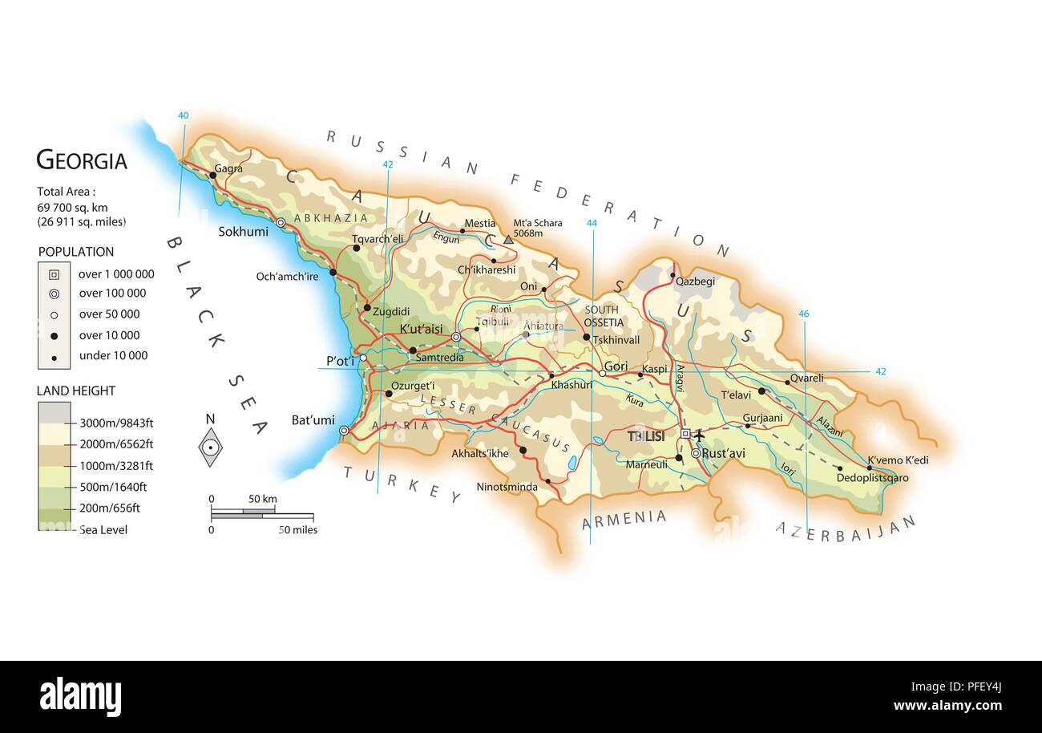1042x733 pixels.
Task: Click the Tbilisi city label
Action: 646,437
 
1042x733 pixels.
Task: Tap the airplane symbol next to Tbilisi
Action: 699,435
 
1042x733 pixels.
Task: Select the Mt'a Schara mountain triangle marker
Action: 508,239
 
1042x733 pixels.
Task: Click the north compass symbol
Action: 210,446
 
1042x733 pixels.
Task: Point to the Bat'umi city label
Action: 313,420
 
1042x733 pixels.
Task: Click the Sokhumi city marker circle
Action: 281,223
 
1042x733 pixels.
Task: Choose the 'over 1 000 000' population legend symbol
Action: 54,273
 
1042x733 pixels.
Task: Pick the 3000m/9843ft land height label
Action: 115,423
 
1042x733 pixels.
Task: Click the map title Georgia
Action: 82,161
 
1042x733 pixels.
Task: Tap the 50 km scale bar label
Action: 262,499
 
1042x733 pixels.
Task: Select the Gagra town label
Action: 228,168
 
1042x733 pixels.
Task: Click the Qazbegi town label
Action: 694,281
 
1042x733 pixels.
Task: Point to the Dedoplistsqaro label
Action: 872,478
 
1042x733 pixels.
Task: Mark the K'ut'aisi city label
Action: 421,330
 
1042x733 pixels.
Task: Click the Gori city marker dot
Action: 602,373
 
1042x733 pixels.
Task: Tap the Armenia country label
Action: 624,519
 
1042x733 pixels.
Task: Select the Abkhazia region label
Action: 331,218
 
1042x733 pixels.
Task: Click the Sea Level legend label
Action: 103,530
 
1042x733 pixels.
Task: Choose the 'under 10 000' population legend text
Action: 113,356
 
